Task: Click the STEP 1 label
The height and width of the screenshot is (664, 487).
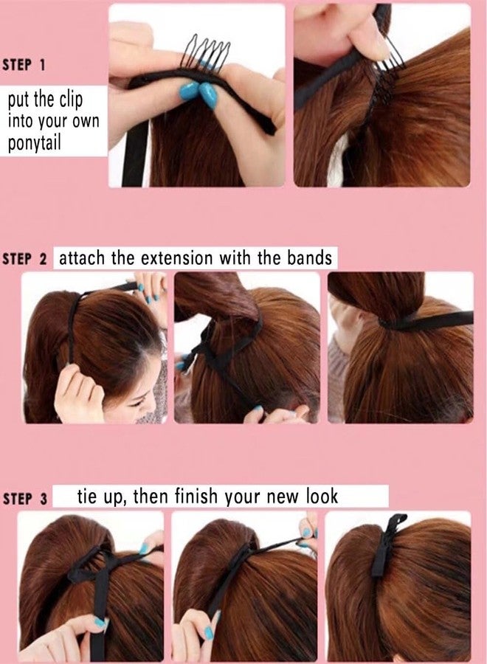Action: point(24,64)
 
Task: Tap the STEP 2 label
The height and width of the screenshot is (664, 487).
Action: point(24,259)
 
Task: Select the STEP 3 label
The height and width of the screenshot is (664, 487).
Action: point(24,499)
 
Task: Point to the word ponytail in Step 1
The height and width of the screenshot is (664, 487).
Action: point(36,142)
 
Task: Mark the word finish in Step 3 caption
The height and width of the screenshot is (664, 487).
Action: point(200,497)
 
